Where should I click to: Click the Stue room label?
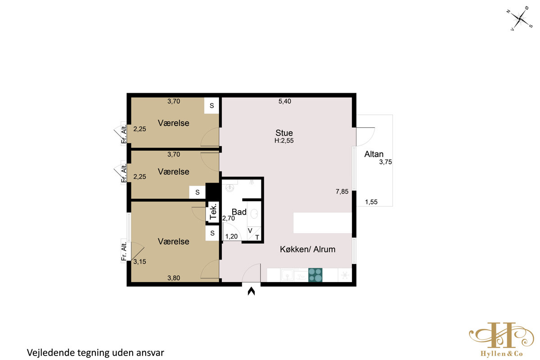pos(284,133)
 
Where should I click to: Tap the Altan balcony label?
pos(373,154)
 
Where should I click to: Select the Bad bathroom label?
pos(239,212)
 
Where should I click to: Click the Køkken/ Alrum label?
pos(308,249)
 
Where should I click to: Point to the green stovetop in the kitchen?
pos(315,275)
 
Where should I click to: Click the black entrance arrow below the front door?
pos(251,291)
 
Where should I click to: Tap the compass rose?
pos(520,18)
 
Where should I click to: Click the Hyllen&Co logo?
pos(501,340)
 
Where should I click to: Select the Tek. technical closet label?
pos(213,211)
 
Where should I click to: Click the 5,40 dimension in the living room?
pos(285,101)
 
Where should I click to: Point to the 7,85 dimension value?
pos(342,192)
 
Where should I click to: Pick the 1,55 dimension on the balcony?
pos(371,202)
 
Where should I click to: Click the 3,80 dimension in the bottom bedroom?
pos(174,278)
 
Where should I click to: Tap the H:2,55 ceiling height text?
pos(284,140)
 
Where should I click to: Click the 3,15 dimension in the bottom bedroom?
pos(140,261)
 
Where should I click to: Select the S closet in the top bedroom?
pos(211,105)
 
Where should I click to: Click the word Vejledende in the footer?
pos(51,353)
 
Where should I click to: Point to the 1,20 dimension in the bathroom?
pos(231,237)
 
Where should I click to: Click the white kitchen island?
pos(323,223)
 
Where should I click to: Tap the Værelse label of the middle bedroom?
pos(174,172)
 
